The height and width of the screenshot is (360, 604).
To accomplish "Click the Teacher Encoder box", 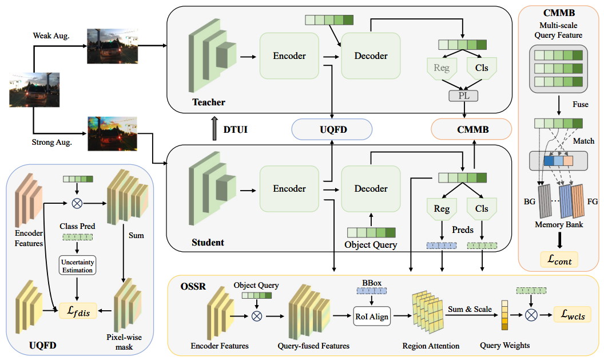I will (x=289, y=56).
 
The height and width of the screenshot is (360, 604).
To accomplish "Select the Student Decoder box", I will (x=371, y=189).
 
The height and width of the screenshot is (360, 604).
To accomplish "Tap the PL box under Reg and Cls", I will (x=463, y=96).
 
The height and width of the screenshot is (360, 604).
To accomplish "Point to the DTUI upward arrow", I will (x=214, y=129).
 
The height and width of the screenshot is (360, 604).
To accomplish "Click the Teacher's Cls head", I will (x=482, y=68).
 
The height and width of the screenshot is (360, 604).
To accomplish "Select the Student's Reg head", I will (x=442, y=209).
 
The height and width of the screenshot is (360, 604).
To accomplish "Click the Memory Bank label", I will (x=558, y=224).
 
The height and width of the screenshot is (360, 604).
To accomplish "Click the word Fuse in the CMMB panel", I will (x=581, y=105).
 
